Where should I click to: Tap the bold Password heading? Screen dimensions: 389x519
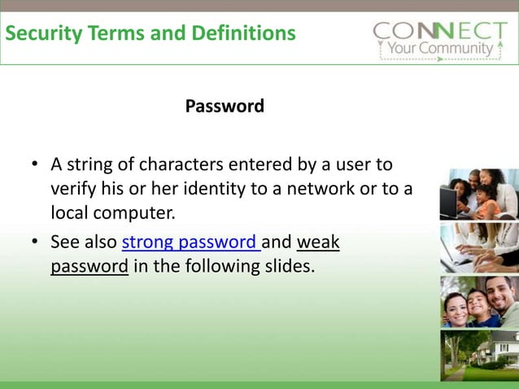point(225,107)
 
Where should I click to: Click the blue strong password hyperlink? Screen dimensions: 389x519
point(190,243)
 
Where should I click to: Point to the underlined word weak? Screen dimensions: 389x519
point(318,243)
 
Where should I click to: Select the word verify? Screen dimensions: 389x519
point(72,190)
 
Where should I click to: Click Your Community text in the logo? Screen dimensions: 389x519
point(438,48)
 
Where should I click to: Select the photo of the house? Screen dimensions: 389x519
point(479,355)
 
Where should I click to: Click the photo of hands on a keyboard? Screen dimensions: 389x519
point(479,248)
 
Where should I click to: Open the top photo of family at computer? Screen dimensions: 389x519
point(479,194)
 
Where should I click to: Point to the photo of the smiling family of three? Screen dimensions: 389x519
point(479,301)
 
